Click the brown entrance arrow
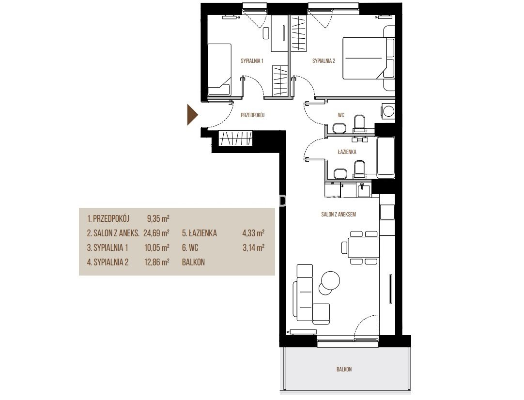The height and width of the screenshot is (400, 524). [x=192, y=115]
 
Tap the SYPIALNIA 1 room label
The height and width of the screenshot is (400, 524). [x=252, y=61]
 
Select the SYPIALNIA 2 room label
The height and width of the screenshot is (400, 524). [x=324, y=61]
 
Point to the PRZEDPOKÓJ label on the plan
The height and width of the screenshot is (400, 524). [x=253, y=115]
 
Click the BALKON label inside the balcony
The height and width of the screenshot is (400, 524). [x=344, y=369]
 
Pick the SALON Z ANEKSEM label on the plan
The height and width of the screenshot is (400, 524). [x=339, y=215]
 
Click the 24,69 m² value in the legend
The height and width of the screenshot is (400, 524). [x=156, y=233]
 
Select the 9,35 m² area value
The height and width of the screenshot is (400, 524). [x=158, y=219]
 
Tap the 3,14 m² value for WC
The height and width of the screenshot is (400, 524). [x=254, y=247]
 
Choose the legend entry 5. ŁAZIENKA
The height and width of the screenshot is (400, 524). [x=199, y=233]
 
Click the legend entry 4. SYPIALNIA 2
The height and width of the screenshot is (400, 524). [x=108, y=262]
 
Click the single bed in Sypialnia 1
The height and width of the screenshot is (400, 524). [x=219, y=70]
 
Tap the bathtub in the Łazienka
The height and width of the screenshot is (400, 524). [x=385, y=158]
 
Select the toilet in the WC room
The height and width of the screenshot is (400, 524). [x=360, y=123]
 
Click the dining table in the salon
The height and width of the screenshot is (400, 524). [x=363, y=247]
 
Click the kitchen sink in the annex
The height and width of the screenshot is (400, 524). [x=364, y=190]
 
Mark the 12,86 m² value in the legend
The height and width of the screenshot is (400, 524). [x=156, y=262]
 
